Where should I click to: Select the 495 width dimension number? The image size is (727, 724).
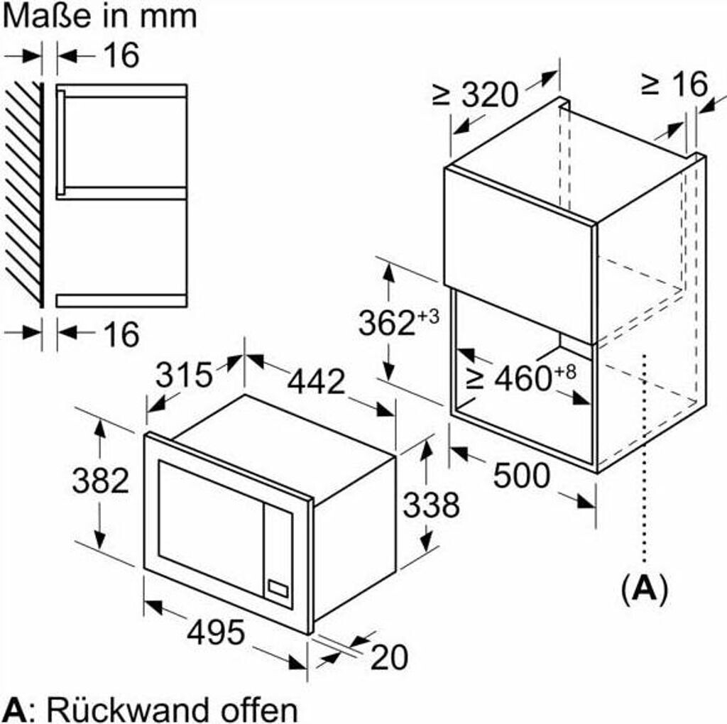pos(216,632)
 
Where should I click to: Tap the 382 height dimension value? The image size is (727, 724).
pos(101,481)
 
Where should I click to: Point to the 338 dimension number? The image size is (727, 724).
pos(431,505)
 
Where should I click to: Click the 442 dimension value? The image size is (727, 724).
pos(317,381)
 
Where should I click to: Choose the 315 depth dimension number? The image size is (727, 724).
pos(184,375)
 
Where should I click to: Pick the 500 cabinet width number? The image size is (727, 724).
pos(521,475)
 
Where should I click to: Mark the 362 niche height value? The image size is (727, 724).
pos(398,322)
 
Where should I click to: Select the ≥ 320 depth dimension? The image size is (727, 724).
pos(475,94)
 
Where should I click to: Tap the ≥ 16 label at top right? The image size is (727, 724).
pos(674,84)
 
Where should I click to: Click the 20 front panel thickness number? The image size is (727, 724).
pos(390,657)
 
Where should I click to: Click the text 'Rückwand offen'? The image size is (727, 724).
pos(173,709)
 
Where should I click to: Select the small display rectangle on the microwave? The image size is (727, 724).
pos(278,588)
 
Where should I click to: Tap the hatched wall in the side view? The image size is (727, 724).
pos(24,194)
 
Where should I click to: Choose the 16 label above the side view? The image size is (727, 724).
pos(121,55)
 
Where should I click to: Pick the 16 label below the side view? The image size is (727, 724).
pos(121,334)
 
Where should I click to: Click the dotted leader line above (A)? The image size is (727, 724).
pos(645,459)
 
